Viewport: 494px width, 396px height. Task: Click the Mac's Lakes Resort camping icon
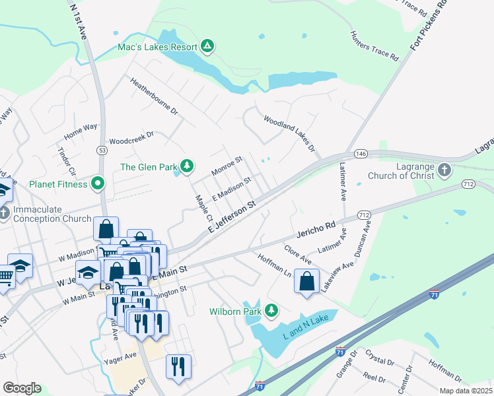point(207,46)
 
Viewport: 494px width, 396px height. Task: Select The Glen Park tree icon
point(187,166)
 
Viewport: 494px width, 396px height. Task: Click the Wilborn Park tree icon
point(271,310)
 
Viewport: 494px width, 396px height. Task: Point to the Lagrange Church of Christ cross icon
point(444,170)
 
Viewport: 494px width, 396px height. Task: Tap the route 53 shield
point(102,150)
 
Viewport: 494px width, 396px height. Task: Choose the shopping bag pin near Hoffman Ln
point(307,281)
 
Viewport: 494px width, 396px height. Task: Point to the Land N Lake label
point(305,325)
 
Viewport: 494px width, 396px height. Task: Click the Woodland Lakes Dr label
point(289,134)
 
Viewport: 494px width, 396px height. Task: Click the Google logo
point(22,388)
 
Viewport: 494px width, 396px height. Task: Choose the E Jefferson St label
point(231,216)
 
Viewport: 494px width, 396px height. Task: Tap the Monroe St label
point(227,166)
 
